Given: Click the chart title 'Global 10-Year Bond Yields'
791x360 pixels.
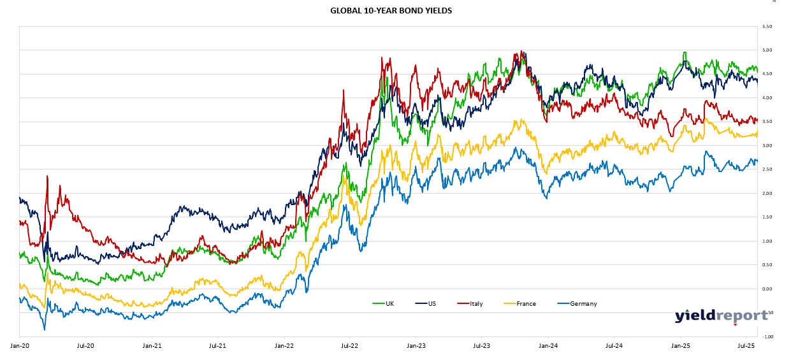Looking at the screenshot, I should [x=391, y=11].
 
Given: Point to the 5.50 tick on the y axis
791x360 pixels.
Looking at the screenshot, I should [x=767, y=26].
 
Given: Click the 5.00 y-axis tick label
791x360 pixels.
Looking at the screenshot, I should [x=767, y=50].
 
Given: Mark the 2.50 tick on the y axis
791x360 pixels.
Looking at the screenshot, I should [x=767, y=169].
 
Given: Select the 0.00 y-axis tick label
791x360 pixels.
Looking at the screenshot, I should [x=767, y=289].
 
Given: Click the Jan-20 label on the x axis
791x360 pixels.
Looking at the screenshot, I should [x=19, y=345].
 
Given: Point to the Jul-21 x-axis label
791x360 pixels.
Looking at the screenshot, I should [x=217, y=345].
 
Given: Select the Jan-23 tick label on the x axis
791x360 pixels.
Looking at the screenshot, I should [x=416, y=345].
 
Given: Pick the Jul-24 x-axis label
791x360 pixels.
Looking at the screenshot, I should [x=614, y=345].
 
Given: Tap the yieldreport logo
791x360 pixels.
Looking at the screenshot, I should [x=721, y=315].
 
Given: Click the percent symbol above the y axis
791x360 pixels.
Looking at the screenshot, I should [x=774, y=2].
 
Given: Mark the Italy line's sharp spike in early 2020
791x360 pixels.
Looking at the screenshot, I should [x=47, y=177].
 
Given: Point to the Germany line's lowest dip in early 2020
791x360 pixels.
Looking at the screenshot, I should [x=45, y=329].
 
